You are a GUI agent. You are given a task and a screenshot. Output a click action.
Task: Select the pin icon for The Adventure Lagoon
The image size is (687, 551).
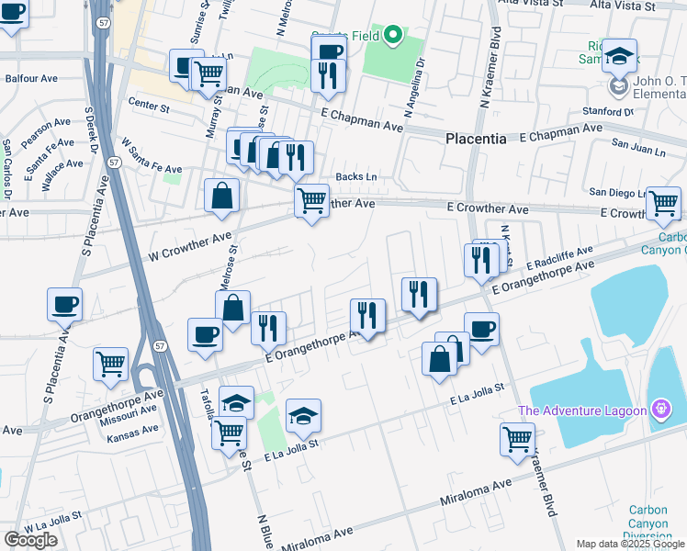(x=660, y=410)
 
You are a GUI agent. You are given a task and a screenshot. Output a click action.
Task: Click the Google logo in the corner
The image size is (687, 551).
(x=30, y=540)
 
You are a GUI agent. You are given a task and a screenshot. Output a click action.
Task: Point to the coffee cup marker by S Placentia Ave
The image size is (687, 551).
(x=65, y=305)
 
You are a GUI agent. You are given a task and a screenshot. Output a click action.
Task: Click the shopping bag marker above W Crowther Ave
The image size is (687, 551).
(x=222, y=196)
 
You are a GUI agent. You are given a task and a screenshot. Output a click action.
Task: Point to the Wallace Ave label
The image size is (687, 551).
(x=62, y=165)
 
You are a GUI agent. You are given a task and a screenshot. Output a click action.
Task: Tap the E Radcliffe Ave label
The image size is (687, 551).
(x=559, y=257)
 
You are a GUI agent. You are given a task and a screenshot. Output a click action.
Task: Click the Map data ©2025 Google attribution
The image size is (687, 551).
(x=630, y=544)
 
